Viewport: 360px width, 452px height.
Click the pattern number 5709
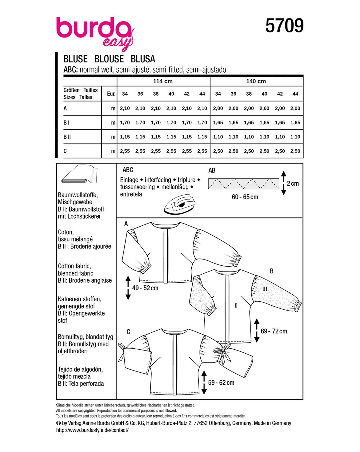(284, 26)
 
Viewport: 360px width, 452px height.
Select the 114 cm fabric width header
(163, 81)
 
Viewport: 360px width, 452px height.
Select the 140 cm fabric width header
(256, 81)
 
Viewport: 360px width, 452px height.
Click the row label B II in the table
(67, 137)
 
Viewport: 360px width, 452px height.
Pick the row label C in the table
(65, 151)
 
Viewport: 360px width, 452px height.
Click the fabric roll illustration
(79, 174)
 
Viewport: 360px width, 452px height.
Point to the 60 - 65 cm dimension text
(245, 197)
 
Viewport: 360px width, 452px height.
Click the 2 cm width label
(293, 184)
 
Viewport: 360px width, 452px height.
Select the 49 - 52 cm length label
(145, 288)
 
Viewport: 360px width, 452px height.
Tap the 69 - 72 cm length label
(274, 331)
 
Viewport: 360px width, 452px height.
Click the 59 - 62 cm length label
(221, 383)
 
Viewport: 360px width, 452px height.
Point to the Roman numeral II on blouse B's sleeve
(265, 289)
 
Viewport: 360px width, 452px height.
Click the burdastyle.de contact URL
(92, 430)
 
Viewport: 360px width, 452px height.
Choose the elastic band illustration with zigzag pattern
(244, 184)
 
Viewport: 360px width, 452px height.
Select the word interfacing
(158, 180)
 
